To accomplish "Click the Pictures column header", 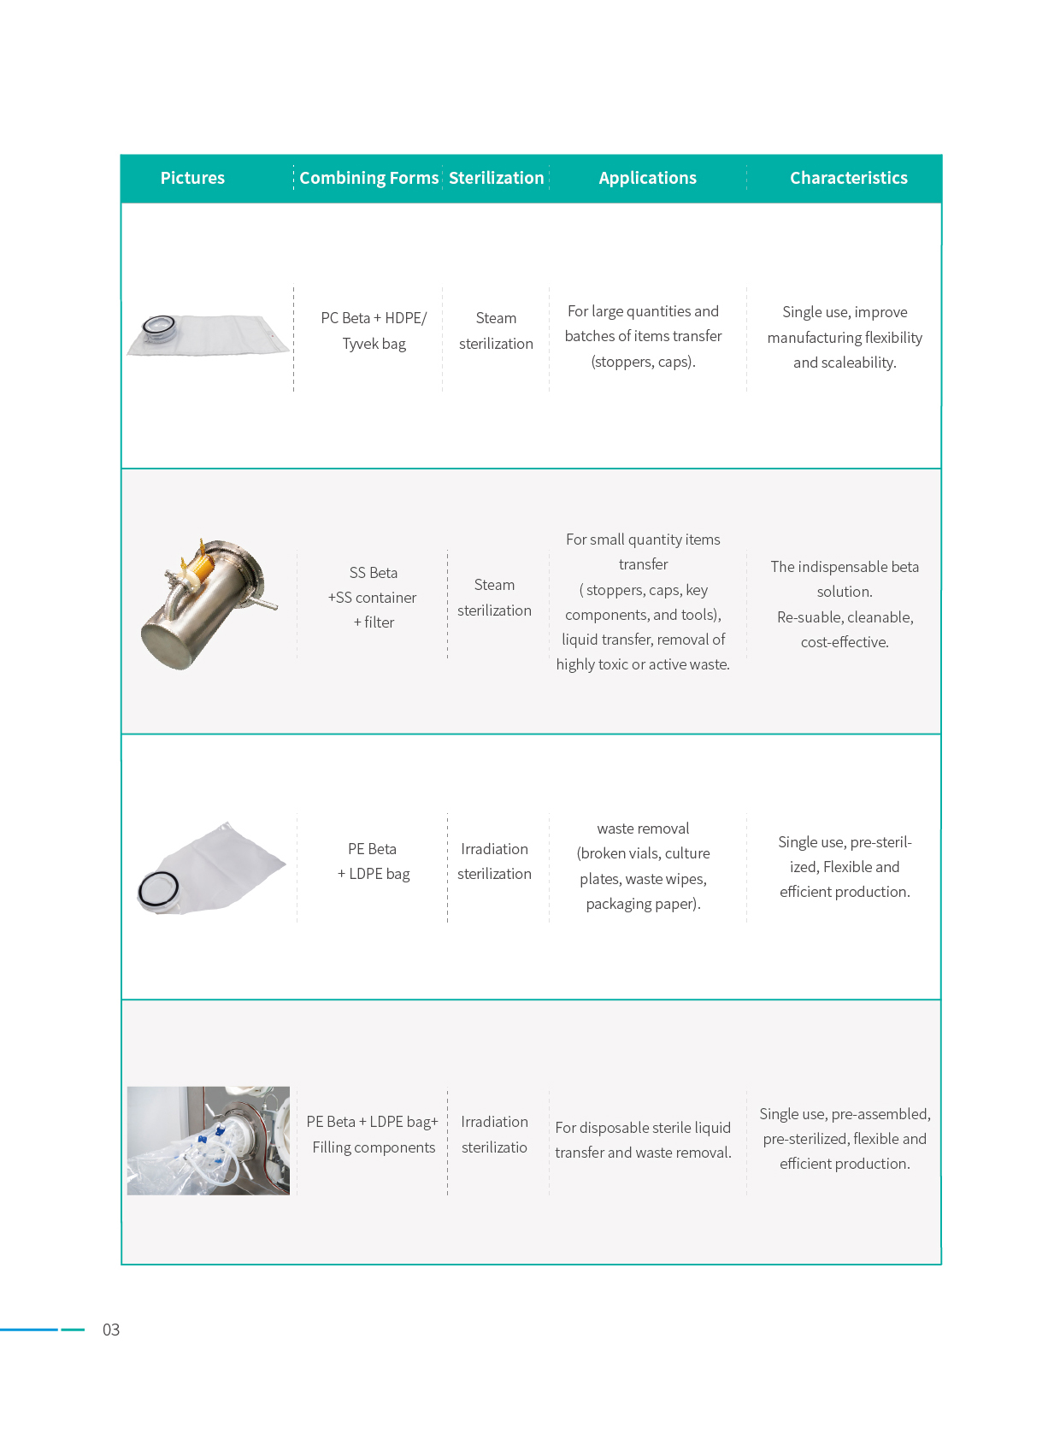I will [x=192, y=178].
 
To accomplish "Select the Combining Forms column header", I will [x=368, y=178].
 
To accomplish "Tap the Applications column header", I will [x=647, y=178].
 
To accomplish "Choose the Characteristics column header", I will [x=848, y=178].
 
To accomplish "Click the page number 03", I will [x=111, y=1330].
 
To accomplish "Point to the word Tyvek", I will [x=360, y=344].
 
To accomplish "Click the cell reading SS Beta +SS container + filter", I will [x=373, y=598].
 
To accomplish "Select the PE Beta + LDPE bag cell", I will [x=373, y=861].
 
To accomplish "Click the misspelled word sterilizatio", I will [x=494, y=1147].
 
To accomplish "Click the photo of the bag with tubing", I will [x=208, y=1141].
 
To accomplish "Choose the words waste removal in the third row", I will [x=643, y=829].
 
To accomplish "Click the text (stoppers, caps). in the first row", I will [x=643, y=362].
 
